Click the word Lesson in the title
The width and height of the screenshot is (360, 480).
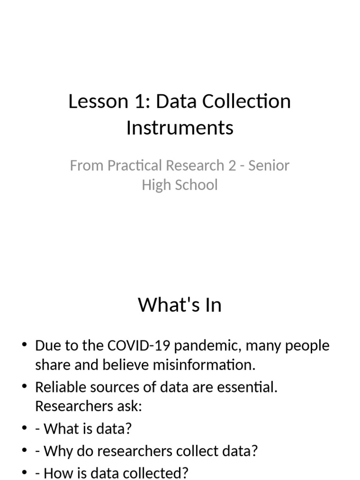[x=98, y=101]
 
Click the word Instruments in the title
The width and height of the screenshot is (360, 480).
[x=180, y=127]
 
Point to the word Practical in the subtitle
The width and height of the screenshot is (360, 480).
[x=135, y=165]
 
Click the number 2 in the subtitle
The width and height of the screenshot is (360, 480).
[x=232, y=165]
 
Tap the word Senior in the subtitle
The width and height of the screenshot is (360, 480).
[x=269, y=165]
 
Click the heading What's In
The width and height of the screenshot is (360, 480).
[x=180, y=305]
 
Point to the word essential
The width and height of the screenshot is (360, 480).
[x=247, y=387]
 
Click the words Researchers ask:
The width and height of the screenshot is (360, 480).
[x=89, y=406]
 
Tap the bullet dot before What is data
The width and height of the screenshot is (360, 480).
[x=24, y=428]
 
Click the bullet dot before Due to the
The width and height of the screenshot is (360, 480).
[x=24, y=345]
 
